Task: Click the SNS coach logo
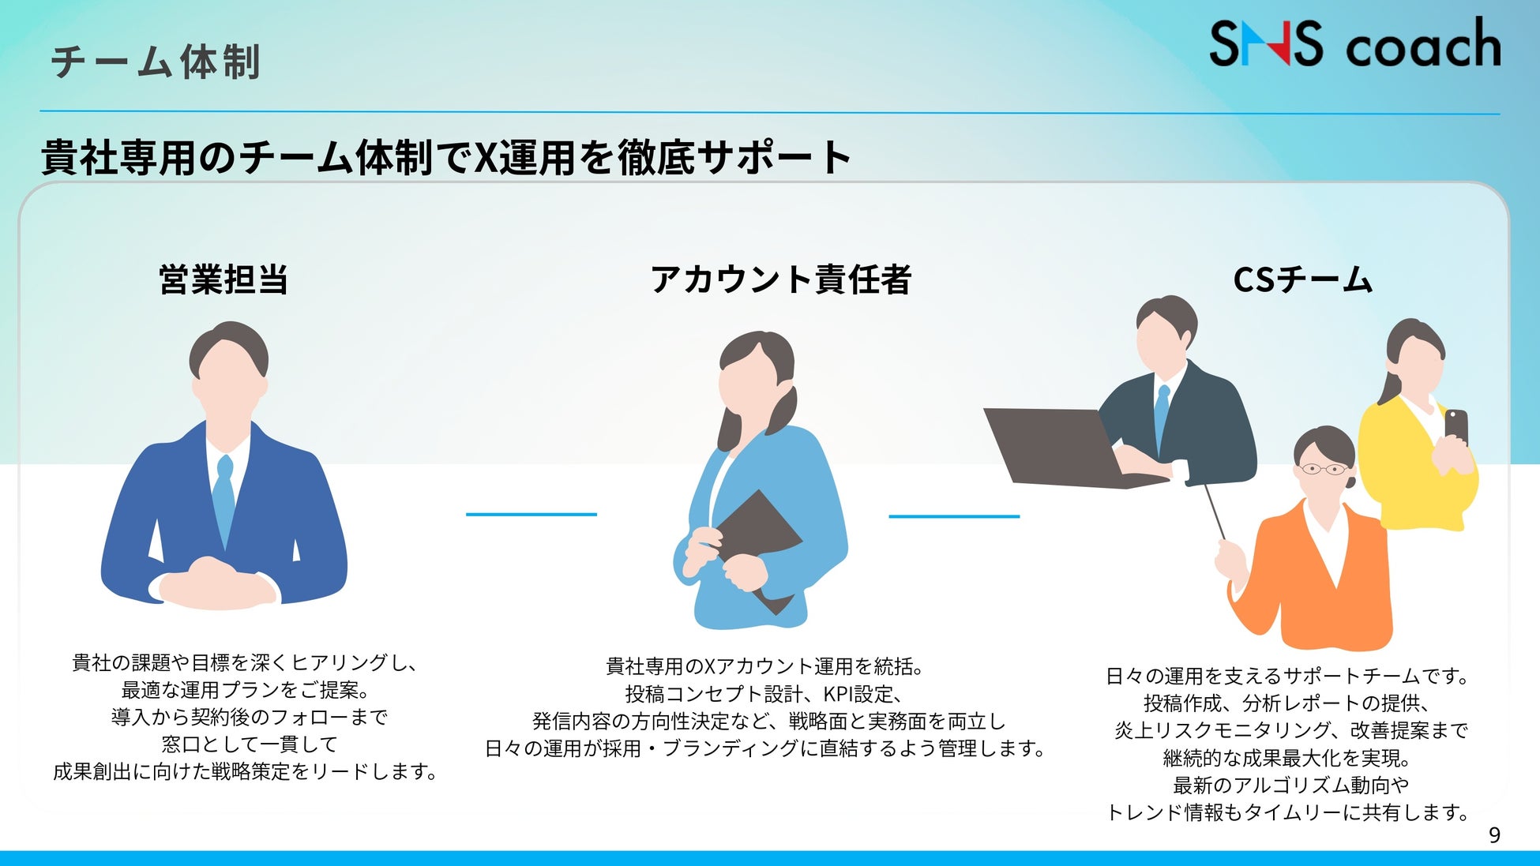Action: click(x=1354, y=43)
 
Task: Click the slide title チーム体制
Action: click(x=156, y=62)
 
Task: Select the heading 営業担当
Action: click(x=223, y=279)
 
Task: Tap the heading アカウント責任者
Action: click(x=781, y=279)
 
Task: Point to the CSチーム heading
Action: click(x=1303, y=279)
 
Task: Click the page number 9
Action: click(x=1494, y=835)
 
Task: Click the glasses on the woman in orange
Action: click(x=1324, y=469)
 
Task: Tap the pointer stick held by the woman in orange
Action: click(x=1215, y=512)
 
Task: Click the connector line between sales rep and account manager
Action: click(x=531, y=515)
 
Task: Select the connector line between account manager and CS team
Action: click(x=954, y=516)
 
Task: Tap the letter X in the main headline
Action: click(x=485, y=157)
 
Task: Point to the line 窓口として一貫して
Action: click(x=250, y=744)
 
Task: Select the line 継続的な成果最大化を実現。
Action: click(x=1287, y=758)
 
